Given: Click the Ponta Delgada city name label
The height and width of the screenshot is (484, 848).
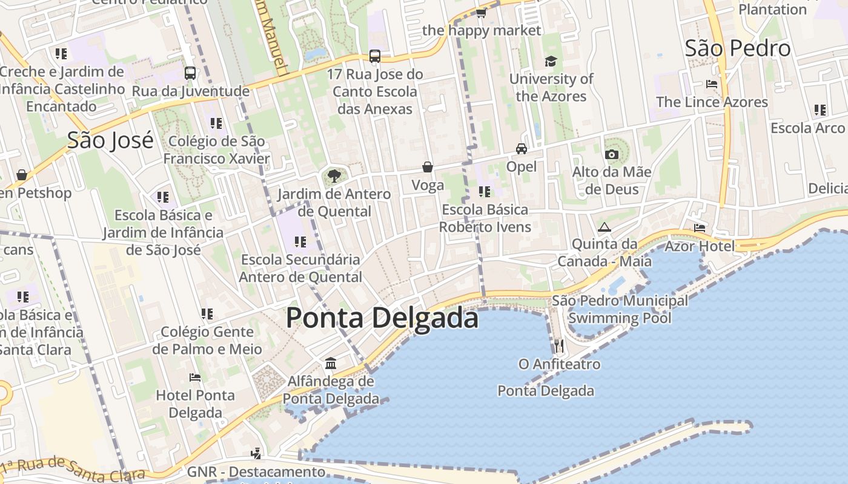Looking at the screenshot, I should click(x=382, y=318).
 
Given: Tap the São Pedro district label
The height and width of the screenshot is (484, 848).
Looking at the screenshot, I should click(x=737, y=48).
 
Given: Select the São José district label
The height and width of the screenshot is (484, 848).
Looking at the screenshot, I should click(x=110, y=140).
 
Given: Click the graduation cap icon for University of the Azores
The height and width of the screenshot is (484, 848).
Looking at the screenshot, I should click(x=551, y=61).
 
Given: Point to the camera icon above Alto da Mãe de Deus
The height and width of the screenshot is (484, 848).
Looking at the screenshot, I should click(x=612, y=154).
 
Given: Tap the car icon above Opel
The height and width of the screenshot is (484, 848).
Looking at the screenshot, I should click(x=521, y=149).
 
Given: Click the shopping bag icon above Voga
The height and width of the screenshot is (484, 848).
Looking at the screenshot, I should click(x=428, y=167).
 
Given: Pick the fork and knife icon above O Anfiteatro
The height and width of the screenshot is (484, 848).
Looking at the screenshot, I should click(x=559, y=346).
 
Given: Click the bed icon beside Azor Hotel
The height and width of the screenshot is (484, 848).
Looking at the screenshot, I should click(x=700, y=228).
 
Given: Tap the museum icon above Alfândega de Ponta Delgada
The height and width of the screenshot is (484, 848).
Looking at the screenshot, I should click(x=331, y=363).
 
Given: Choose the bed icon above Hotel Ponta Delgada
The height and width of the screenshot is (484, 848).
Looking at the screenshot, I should click(x=195, y=378).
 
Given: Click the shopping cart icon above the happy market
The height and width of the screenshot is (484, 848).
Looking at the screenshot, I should click(x=481, y=12).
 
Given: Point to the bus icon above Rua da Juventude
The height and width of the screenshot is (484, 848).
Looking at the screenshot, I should click(x=190, y=73).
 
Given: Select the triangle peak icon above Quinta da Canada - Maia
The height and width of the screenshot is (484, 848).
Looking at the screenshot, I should click(x=604, y=227).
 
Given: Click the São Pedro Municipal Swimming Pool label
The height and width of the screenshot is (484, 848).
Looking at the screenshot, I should click(x=620, y=309).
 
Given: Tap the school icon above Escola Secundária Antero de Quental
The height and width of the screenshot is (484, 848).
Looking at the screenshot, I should click(x=300, y=242).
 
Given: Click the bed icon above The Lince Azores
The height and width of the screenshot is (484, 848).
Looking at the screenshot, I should click(x=712, y=84).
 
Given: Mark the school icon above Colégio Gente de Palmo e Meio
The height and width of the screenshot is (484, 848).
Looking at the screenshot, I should click(x=207, y=314).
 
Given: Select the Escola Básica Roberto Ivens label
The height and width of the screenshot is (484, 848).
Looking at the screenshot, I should click(x=485, y=218).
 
